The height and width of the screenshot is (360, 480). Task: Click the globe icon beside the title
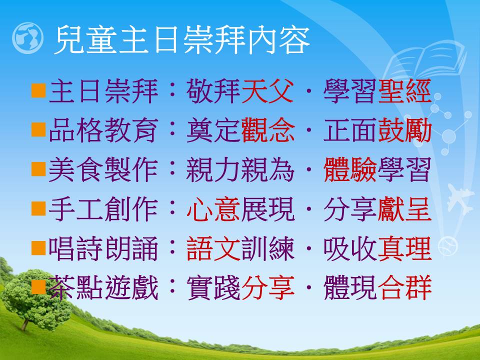[27, 38]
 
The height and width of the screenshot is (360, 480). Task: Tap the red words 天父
[267, 91]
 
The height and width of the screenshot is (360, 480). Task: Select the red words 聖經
[404, 91]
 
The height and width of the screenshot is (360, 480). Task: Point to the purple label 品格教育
[103, 130]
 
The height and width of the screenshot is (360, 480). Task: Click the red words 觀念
[267, 130]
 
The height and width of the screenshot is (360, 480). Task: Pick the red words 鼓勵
[404, 130]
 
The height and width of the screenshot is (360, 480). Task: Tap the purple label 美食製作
[103, 169]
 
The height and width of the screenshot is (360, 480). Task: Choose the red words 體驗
[350, 169]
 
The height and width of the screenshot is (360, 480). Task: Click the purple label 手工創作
[103, 209]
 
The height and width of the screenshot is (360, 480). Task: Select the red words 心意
[213, 209]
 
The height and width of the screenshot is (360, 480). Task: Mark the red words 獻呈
[404, 209]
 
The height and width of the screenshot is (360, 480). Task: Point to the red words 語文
[213, 248]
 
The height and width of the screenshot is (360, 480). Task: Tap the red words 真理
[404, 248]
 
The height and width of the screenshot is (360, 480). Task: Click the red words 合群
[404, 287]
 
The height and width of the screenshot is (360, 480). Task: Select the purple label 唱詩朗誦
[103, 248]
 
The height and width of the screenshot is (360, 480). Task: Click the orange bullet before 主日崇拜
[38, 90]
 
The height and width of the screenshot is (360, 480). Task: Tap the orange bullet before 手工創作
[38, 208]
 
